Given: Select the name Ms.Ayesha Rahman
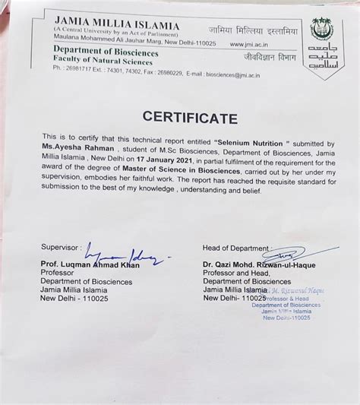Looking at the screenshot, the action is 77,153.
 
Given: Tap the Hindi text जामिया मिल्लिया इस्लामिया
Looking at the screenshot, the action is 262,30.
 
